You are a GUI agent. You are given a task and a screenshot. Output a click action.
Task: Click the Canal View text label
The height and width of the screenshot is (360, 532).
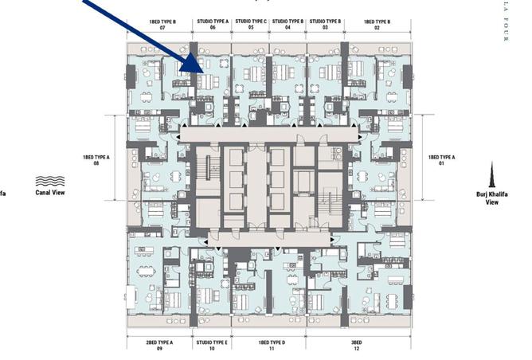coord(50,192)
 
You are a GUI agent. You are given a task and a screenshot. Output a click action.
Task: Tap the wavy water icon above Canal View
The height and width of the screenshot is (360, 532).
coord(50,181)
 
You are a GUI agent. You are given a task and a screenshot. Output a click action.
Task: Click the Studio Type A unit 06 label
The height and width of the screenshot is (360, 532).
coord(213,24)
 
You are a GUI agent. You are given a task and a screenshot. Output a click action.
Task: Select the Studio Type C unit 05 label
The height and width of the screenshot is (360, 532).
coord(251,24)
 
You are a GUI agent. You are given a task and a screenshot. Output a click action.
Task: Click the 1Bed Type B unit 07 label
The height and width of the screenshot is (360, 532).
coord(162,24)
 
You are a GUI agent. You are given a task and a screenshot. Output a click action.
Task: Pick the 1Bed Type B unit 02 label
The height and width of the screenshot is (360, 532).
coord(376,24)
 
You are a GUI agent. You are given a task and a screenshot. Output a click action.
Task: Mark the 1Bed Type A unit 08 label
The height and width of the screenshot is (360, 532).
coord(96,162)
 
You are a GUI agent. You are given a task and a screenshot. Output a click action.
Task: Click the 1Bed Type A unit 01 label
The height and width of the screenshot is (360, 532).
coord(442,162)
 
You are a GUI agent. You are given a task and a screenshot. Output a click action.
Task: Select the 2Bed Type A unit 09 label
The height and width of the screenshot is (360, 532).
coord(159,346)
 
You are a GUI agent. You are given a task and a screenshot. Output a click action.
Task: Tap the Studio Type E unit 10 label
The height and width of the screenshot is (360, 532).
coord(212,346)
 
